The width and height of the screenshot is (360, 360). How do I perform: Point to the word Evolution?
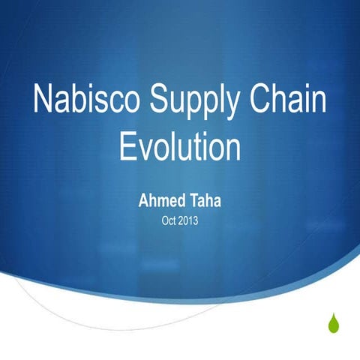180,145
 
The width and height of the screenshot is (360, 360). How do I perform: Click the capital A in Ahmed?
143,202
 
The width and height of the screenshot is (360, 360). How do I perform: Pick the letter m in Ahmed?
160,203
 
